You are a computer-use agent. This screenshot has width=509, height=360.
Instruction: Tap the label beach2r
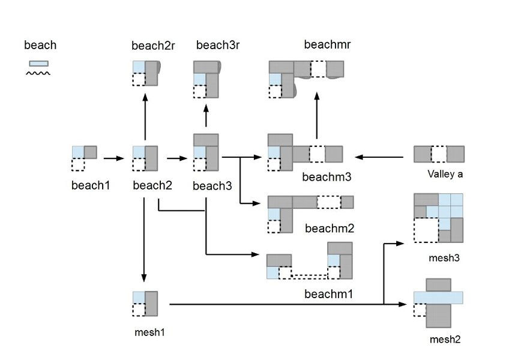[x=153, y=46]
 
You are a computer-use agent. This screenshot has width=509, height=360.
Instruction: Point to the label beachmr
[x=327, y=44]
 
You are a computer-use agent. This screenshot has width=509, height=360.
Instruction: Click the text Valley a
[x=445, y=175]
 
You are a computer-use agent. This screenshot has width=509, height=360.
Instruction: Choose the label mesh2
[x=445, y=340]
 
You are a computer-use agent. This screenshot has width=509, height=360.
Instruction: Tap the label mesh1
[x=146, y=331]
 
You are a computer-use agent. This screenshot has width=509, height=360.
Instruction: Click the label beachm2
[x=330, y=229]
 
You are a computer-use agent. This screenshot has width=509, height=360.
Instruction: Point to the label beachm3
[x=327, y=177]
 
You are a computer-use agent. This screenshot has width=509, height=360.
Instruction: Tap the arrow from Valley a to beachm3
[x=379, y=157]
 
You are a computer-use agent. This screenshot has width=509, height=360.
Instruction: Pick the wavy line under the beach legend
[x=37, y=73]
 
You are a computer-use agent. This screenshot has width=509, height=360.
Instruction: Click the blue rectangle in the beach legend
[x=38, y=63]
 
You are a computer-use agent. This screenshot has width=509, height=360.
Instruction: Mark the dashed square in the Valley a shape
[x=439, y=154]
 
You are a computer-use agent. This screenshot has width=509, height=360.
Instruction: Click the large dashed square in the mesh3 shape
[x=426, y=229]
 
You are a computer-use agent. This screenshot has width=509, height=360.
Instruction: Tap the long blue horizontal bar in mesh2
[x=438, y=297]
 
